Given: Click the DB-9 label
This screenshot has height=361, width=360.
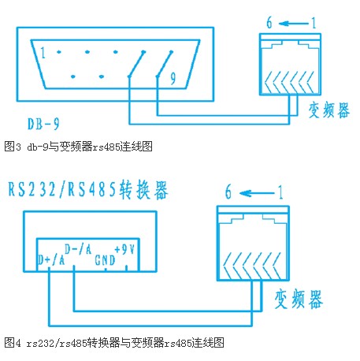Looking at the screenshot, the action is coord(43,124).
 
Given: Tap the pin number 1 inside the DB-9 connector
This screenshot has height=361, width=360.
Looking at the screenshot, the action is coord(43,53).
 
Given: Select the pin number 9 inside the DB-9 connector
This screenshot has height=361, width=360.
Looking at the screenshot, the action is coord(173,78).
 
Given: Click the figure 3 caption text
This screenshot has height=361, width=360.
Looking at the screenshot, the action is coord(78,147).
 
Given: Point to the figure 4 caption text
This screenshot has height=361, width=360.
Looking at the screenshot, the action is coord(114,343).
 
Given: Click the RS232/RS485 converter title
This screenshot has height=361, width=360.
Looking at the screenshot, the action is coord(88,190).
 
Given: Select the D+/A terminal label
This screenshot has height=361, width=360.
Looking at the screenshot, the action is coord(51,259).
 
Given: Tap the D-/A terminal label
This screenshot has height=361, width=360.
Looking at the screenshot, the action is coord(78,249).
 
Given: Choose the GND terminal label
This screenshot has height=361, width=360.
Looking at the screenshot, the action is coord(105,260).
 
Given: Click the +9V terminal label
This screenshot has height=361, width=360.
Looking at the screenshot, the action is coord(124,249).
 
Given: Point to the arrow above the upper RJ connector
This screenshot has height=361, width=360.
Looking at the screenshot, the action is coord(293,24).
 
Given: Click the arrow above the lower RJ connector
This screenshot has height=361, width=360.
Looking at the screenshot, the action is coord(257,194).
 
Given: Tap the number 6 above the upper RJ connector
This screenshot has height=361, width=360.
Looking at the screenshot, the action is coord(269,23).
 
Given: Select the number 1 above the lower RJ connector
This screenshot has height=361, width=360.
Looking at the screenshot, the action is coord(280,192).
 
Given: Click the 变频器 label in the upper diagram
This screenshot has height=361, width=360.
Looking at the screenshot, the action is coord(329,110).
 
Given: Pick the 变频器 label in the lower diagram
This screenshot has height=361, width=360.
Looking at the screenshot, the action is coord(299,299).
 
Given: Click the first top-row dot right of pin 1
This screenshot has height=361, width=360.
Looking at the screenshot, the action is coord(59,52).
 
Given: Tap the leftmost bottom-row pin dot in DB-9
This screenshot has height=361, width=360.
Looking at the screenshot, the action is coord(73,76).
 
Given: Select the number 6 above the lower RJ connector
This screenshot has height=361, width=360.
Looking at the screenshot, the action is coord(228,192).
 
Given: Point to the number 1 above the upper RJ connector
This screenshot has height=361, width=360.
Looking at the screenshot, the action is coord(314,23).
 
